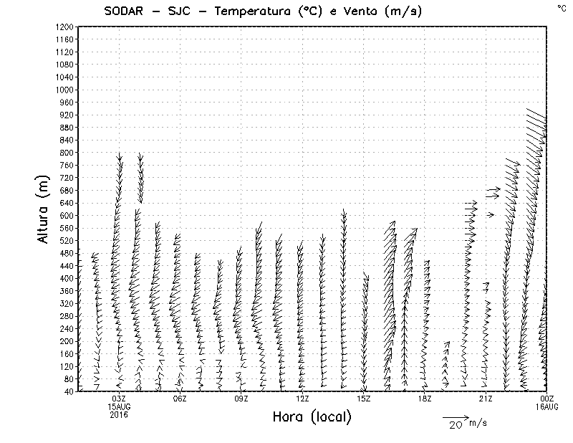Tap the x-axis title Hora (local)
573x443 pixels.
[x=312, y=417]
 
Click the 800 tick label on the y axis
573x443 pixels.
[x=66, y=153]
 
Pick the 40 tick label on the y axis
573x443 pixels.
[x=68, y=391]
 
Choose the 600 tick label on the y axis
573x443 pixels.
[x=66, y=215]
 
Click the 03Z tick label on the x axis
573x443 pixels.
[x=119, y=399]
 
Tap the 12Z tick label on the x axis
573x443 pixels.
[x=302, y=399]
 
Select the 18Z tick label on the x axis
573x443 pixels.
[x=425, y=399]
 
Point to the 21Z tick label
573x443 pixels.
[x=486, y=399]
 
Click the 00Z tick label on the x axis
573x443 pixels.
[x=547, y=399]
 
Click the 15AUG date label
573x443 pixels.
[x=119, y=406]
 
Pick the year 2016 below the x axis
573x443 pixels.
[x=119, y=414]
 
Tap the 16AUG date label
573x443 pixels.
[x=547, y=406]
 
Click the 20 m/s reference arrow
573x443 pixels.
[x=455, y=416]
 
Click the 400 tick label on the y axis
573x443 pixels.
[x=66, y=278]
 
